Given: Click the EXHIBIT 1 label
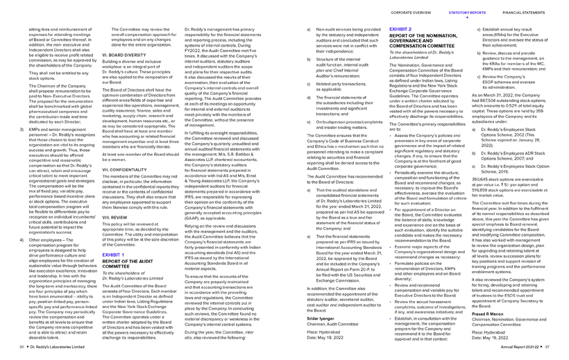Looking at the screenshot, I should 112,235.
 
